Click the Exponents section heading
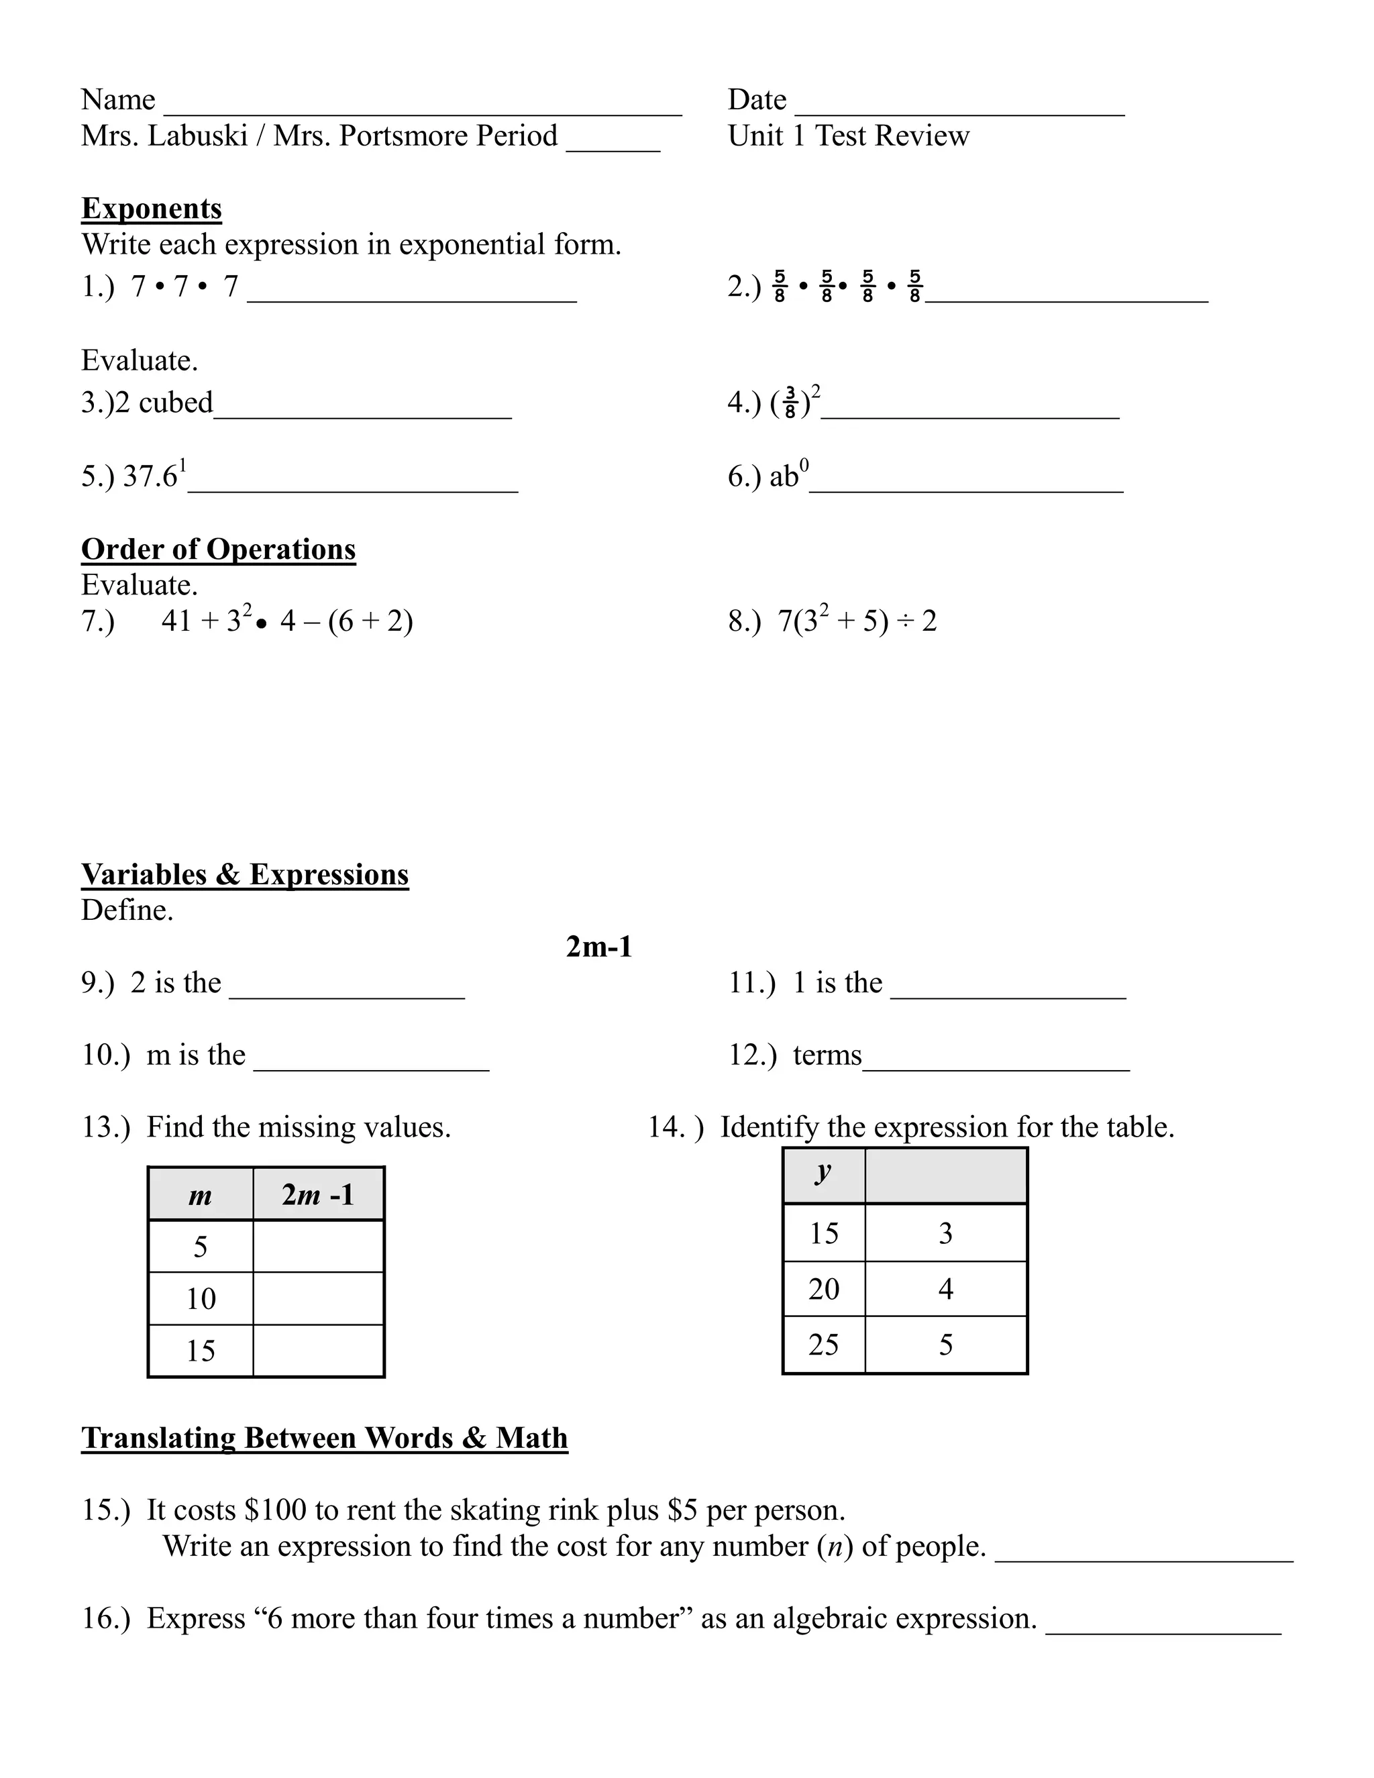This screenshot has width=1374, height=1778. pyautogui.click(x=152, y=209)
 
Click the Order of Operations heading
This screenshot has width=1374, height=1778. pyautogui.click(x=218, y=550)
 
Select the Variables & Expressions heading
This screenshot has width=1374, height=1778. pyautogui.click(x=244, y=874)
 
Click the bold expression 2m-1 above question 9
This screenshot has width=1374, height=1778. pyautogui.click(x=599, y=947)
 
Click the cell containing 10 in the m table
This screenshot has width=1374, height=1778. pyautogui.click(x=200, y=1298)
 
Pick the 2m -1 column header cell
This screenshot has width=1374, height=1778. pyautogui.click(x=318, y=1194)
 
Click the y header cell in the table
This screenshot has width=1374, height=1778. pyautogui.click(x=824, y=1175)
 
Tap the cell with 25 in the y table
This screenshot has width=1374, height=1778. pyautogui.click(x=824, y=1344)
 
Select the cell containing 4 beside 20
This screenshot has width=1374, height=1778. pyautogui.click(x=945, y=1289)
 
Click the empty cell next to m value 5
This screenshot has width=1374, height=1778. pyautogui.click(x=318, y=1247)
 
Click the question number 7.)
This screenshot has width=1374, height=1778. pyautogui.click(x=98, y=621)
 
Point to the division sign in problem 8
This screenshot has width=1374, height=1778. pyautogui.click(x=904, y=622)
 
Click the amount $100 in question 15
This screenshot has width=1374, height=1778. pyautogui.click(x=275, y=1510)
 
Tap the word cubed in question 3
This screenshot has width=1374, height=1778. pyautogui.click(x=176, y=402)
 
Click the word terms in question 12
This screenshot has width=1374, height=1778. pyautogui.click(x=827, y=1055)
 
